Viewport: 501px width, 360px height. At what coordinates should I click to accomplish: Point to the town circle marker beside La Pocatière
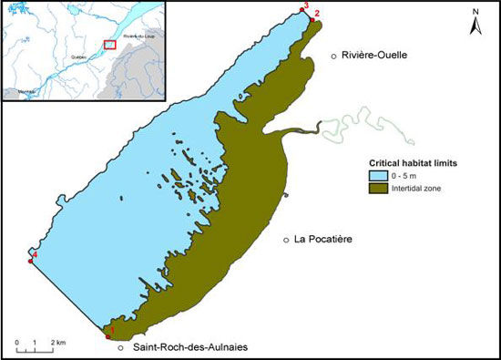286,240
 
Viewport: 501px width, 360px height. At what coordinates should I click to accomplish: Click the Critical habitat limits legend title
407,162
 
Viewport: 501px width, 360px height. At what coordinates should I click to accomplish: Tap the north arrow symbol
474,24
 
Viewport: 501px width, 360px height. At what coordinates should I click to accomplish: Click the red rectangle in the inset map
110,44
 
